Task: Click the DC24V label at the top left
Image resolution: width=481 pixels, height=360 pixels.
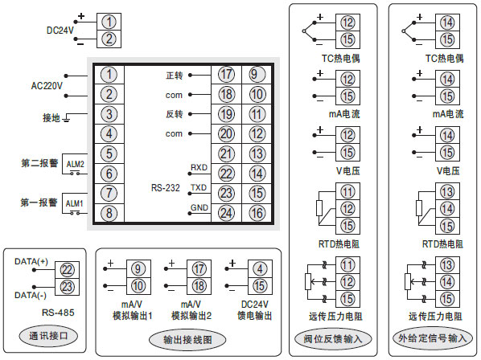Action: point(60,30)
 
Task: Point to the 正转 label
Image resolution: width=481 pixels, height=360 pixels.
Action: point(175,76)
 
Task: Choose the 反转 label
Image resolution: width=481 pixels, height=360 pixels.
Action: point(175,114)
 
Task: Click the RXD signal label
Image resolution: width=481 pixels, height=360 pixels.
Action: point(199,167)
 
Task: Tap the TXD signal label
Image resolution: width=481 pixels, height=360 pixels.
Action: point(199,187)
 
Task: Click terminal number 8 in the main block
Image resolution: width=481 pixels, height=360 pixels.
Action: point(110,213)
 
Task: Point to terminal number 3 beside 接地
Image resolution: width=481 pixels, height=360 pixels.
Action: point(110,113)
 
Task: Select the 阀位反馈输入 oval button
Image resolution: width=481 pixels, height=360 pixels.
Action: point(334,338)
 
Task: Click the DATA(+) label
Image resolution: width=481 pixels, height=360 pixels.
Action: point(31,262)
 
